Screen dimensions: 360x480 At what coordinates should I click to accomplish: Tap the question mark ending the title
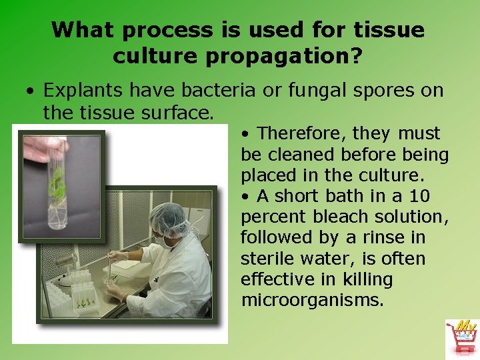(x=357, y=57)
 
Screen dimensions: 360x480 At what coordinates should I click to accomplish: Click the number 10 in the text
(x=419, y=196)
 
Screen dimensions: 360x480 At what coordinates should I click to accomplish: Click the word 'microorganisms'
(x=311, y=300)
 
